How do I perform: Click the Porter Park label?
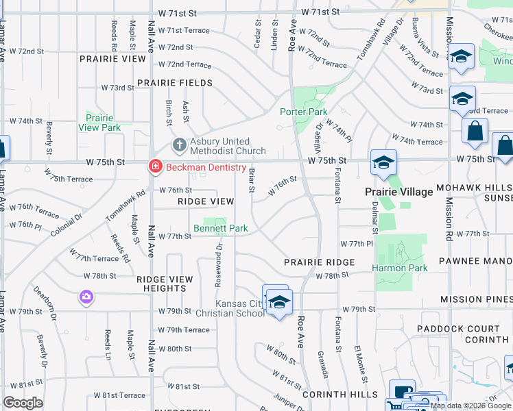pos(303,112)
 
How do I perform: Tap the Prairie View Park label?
pos(99,123)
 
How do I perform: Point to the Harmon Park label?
pos(400,268)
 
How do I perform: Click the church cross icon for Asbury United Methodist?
pos(179,145)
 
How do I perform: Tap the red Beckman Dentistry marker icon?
pos(156,167)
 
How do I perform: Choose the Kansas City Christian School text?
pos(239,308)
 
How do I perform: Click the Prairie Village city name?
pos(398,192)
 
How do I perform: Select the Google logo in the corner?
pos(23,403)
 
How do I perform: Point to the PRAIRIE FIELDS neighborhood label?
pos(174,83)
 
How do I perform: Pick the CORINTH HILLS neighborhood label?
pos(339,395)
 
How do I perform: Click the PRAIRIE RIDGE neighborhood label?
pos(320,262)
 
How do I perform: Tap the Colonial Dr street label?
pos(64,223)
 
